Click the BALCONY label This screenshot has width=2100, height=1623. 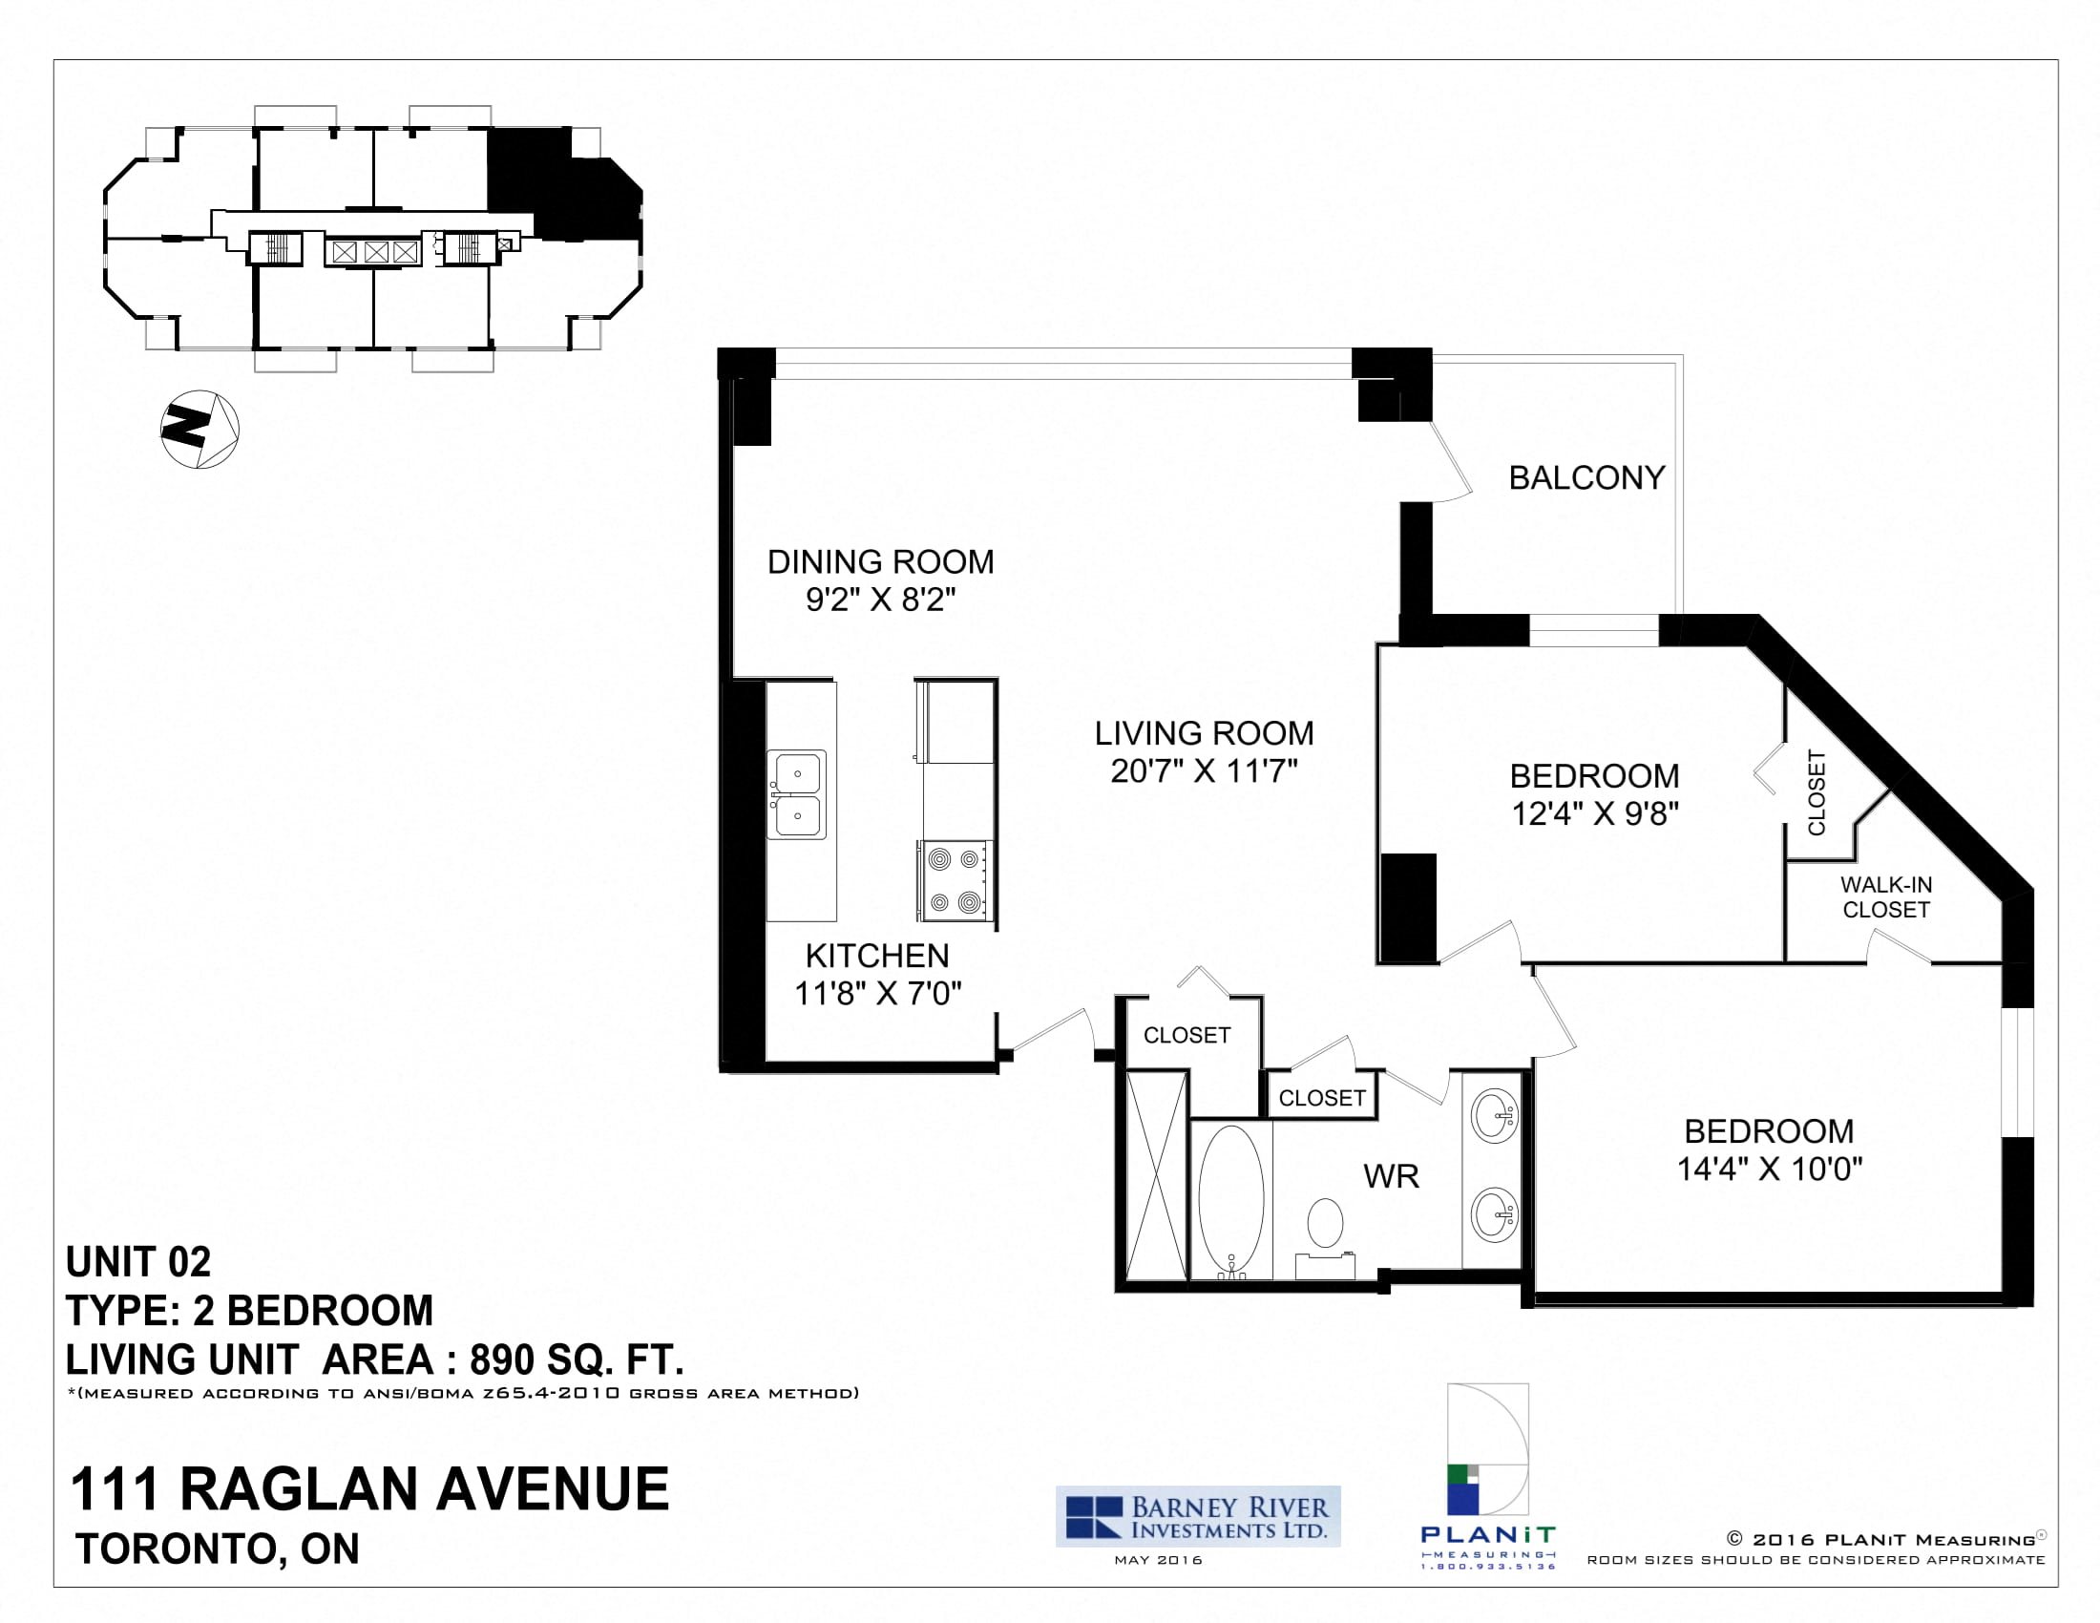1586,478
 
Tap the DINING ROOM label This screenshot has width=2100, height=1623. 881,561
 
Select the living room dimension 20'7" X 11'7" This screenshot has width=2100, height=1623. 1204,771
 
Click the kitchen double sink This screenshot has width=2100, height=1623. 797,795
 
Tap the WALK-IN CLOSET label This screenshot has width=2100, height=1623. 1885,897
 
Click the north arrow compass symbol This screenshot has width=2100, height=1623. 199,429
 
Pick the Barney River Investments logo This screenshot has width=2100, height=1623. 1198,1516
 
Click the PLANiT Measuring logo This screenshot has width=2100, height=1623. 1487,1478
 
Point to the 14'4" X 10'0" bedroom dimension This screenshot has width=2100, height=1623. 1770,1170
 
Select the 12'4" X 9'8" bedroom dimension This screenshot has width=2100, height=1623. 1595,814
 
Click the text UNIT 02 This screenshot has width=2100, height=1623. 138,1262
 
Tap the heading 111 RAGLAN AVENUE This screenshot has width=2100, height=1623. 370,1489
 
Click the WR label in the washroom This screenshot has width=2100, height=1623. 1392,1176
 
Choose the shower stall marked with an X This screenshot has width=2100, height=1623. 1156,1176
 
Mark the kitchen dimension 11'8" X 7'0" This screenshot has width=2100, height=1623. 878,993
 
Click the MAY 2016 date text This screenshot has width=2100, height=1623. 1159,1560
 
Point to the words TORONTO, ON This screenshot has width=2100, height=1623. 219,1549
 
